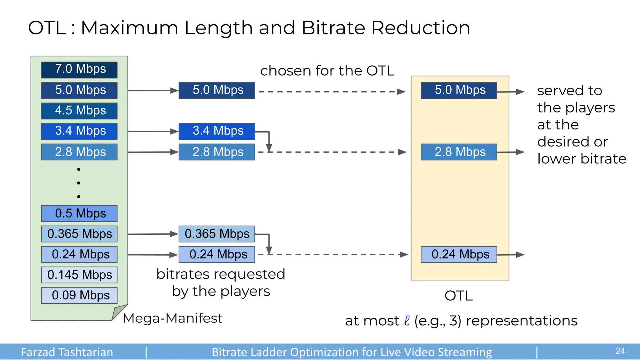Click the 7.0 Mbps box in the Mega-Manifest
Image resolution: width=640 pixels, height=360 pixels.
(79, 70)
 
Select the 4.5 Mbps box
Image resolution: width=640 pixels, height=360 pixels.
(79, 111)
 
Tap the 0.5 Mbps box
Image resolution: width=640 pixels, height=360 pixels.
(79, 213)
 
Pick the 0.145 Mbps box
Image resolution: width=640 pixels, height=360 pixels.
(79, 275)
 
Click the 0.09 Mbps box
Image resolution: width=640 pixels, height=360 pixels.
(79, 295)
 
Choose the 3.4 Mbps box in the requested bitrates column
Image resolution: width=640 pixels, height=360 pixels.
(217, 131)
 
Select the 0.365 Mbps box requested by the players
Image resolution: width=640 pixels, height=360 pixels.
(217, 234)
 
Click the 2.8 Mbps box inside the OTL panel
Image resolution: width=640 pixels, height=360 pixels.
(459, 152)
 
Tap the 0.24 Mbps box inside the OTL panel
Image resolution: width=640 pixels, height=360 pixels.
(459, 254)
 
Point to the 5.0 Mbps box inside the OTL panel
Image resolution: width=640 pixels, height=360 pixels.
(459, 90)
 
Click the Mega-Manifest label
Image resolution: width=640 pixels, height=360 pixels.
(172, 318)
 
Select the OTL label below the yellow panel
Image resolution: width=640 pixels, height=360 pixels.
(458, 296)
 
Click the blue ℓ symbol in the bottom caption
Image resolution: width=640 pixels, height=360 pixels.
(407, 321)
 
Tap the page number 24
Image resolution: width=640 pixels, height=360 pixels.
(620, 351)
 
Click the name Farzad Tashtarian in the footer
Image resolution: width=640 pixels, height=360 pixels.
(67, 352)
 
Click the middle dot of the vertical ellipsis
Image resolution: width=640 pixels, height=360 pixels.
(79, 183)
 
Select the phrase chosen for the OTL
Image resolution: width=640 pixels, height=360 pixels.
(327, 71)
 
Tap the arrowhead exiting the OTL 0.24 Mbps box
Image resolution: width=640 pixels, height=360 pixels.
(520, 255)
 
